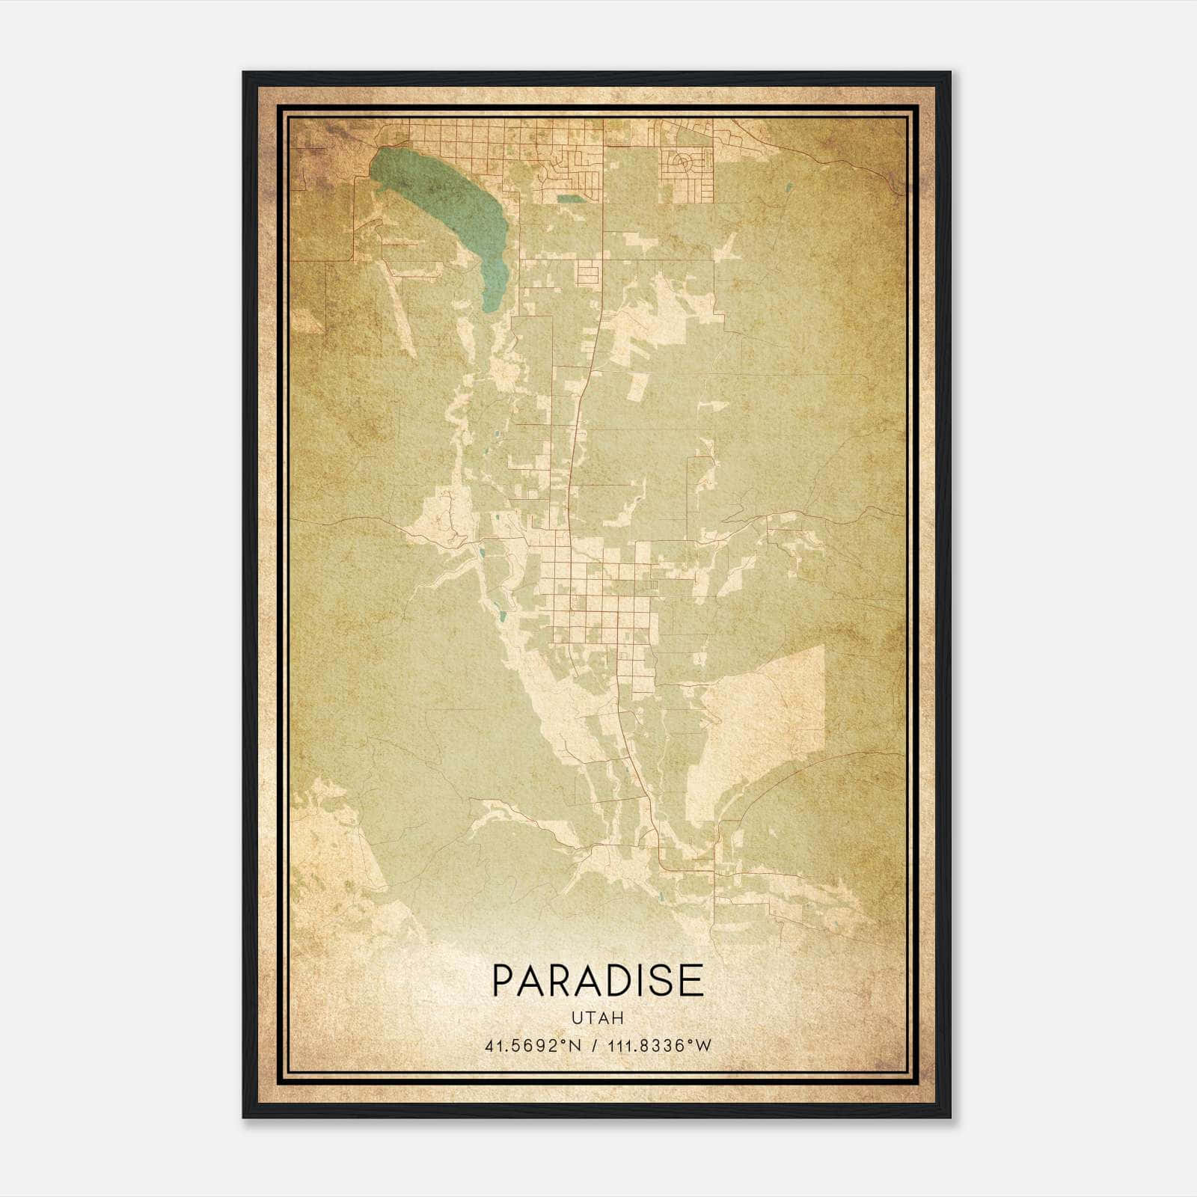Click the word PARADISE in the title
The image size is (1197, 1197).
(598, 981)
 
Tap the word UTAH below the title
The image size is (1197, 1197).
(598, 1018)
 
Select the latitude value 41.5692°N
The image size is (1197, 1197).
(533, 1046)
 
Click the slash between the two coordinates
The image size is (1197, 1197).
(596, 1046)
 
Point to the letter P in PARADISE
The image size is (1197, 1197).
(503, 981)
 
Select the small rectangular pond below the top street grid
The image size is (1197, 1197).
(569, 199)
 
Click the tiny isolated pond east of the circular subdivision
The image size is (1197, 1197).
(787, 187)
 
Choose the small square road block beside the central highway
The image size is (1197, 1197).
(588, 274)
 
